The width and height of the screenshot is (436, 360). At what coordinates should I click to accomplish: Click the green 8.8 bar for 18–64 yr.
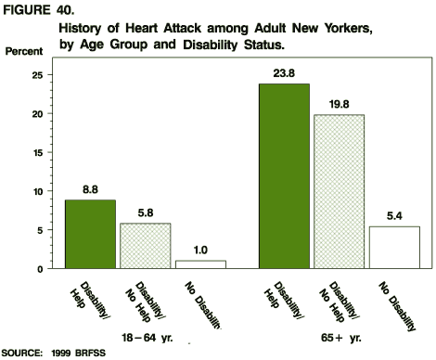90,234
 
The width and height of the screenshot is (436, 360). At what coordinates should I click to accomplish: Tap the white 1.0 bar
199,264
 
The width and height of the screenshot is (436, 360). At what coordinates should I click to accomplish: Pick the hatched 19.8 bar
338,192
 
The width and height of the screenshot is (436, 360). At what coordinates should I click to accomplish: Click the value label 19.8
338,105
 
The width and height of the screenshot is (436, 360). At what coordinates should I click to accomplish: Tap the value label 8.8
90,190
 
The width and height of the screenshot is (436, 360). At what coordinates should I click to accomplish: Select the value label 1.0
199,251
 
